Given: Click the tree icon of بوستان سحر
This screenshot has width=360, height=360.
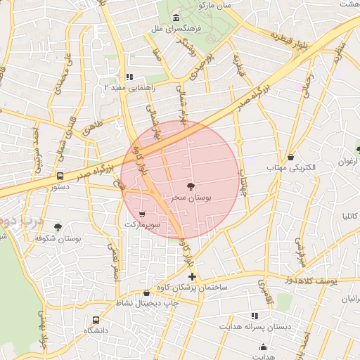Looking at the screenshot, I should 191,186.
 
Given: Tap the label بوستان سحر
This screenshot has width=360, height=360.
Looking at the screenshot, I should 192,198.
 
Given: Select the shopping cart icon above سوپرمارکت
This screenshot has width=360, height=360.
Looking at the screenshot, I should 143,214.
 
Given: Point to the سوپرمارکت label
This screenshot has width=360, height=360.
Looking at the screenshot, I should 143,225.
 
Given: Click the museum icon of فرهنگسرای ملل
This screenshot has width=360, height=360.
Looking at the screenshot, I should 174,18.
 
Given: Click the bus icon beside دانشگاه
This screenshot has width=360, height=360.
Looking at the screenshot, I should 96,320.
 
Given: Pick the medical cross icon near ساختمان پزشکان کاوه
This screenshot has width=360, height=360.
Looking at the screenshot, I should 193,277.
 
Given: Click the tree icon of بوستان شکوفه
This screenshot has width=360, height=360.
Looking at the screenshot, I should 58,227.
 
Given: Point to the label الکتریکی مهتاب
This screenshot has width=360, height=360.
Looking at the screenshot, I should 291,169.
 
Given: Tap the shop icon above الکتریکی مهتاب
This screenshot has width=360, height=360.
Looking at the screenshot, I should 291,156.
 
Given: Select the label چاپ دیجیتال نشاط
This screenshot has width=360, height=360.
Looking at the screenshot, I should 146,304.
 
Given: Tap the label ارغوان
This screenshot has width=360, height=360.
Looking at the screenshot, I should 347,162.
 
